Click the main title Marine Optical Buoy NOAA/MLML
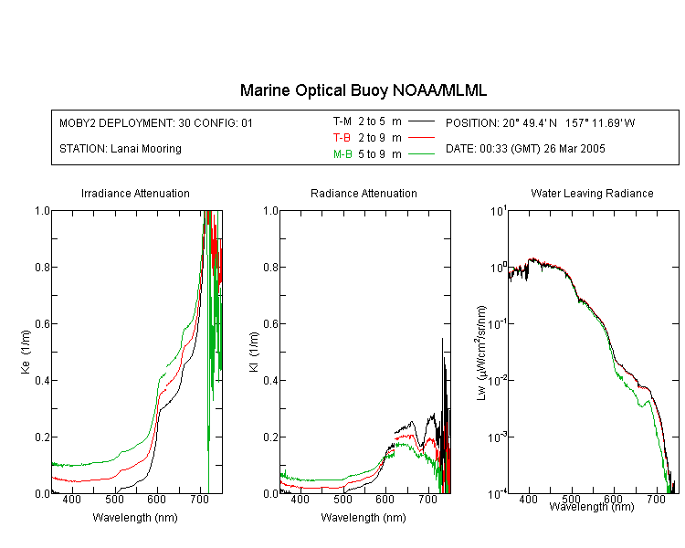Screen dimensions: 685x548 [x=363, y=90]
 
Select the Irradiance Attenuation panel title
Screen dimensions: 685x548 [x=135, y=193]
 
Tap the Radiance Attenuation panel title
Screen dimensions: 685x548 [x=364, y=193]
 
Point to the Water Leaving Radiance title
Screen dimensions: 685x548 [x=592, y=193]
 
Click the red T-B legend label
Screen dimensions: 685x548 [x=342, y=138]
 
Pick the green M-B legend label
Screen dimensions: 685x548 [x=342, y=154]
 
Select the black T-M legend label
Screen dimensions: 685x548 [x=342, y=121]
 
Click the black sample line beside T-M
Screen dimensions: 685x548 [x=422, y=121]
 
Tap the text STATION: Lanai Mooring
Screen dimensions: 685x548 [x=121, y=149]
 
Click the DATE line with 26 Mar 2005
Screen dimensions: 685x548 [x=525, y=149]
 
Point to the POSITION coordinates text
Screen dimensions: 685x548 [x=540, y=123]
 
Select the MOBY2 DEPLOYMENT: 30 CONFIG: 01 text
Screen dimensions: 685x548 [x=156, y=123]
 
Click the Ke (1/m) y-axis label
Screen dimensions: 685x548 [x=26, y=352]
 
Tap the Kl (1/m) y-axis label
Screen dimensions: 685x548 [x=254, y=352]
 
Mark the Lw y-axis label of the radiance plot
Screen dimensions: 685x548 [x=481, y=353]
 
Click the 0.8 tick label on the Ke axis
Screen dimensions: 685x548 [x=42, y=267]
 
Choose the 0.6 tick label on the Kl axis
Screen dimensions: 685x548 [x=270, y=324]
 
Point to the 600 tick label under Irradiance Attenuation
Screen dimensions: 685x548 [x=157, y=499]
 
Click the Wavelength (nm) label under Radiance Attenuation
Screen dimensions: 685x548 [x=364, y=518]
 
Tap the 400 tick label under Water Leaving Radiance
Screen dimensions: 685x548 [x=528, y=499]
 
